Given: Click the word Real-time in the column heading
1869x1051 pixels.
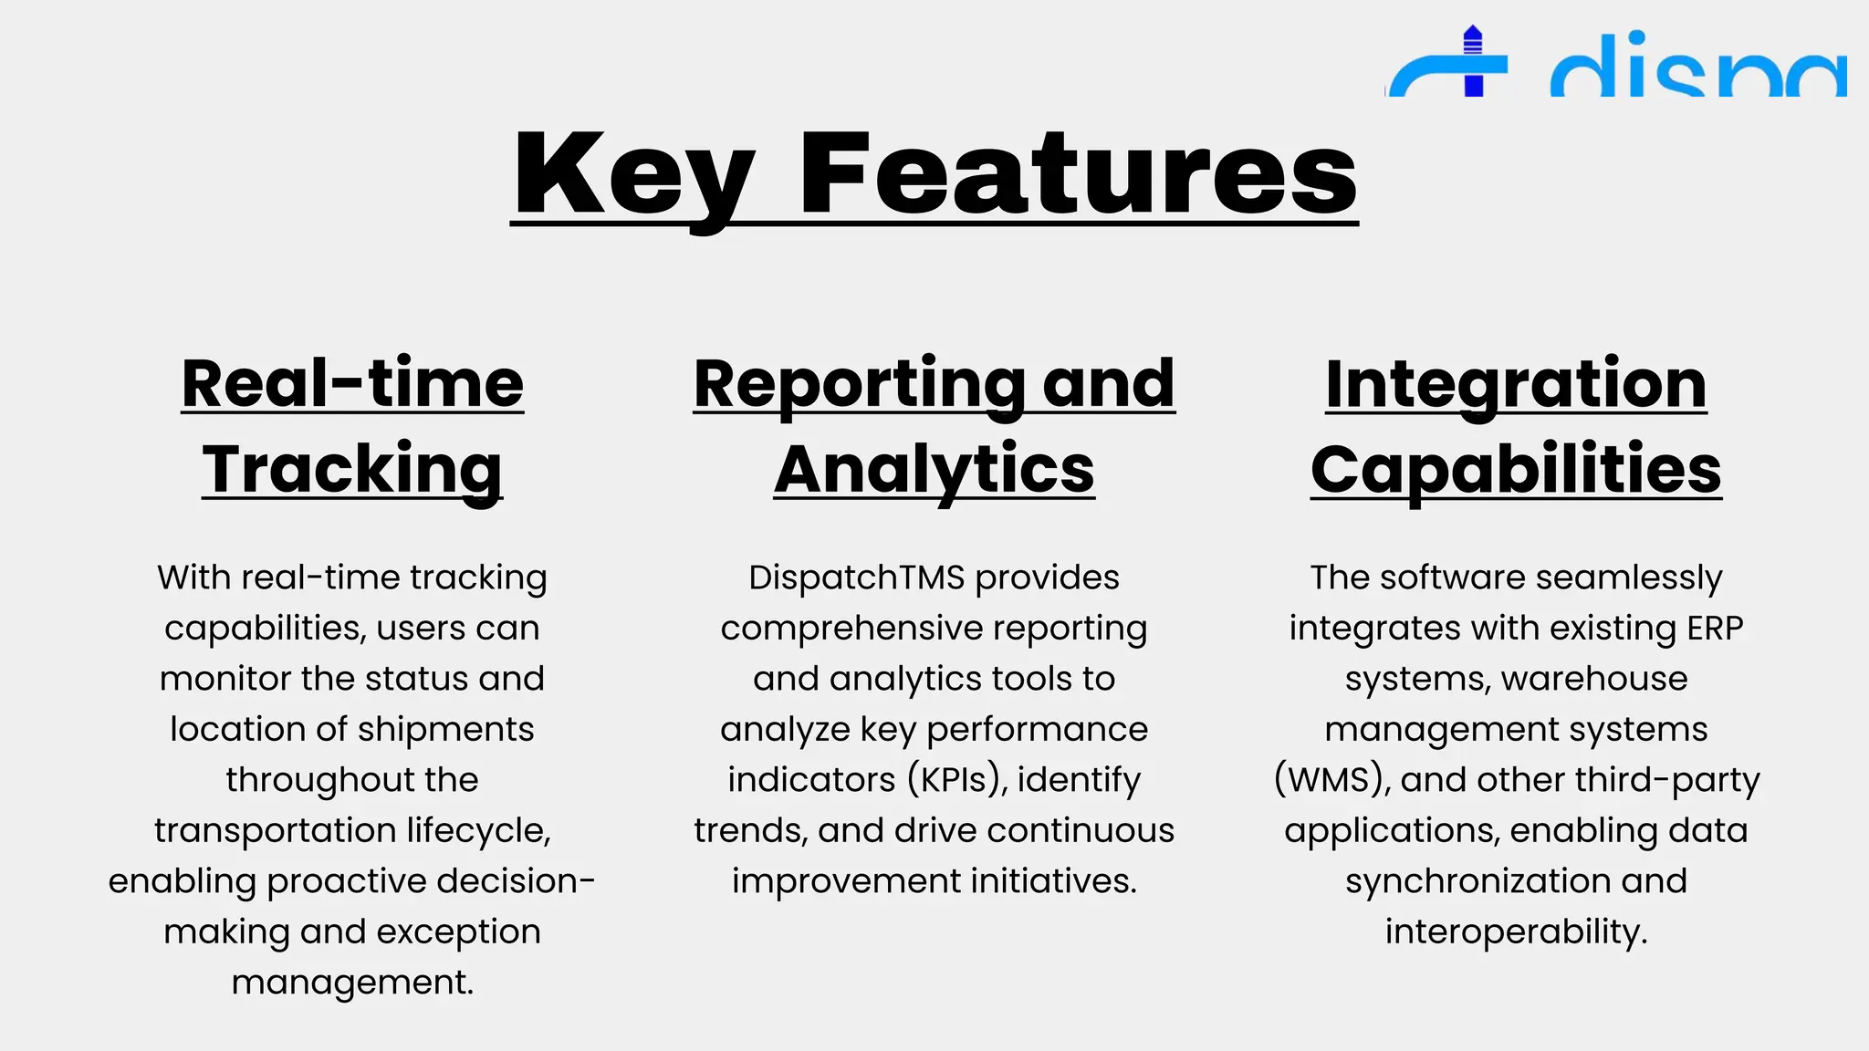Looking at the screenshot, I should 352,383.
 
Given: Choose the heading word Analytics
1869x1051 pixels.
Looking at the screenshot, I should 934,469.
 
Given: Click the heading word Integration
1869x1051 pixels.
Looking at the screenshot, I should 1516,383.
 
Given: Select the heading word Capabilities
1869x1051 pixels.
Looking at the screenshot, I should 1516,469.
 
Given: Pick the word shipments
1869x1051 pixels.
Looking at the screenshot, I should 445,730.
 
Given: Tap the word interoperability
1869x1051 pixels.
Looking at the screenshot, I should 1516,931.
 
